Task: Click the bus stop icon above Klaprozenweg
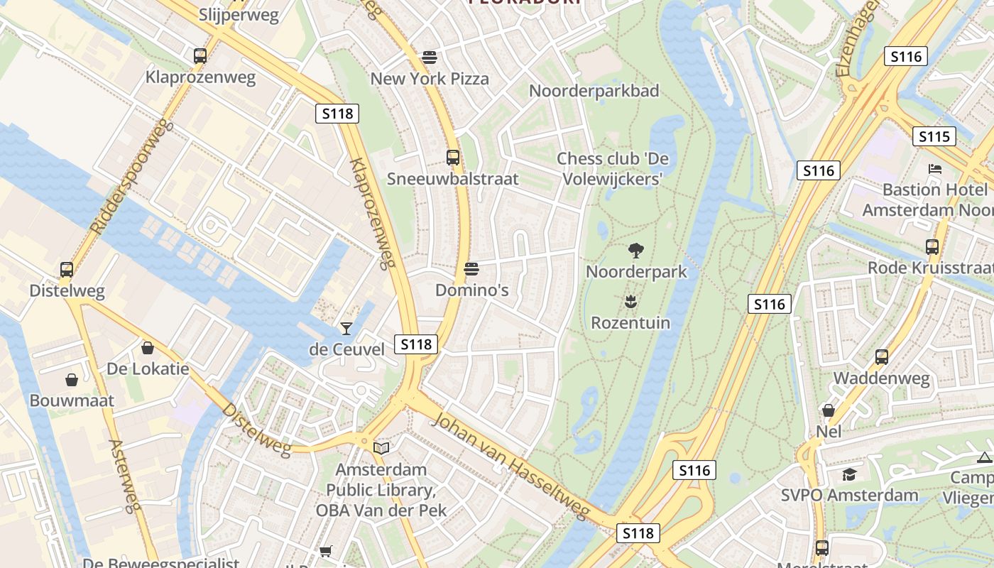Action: tap(200, 55)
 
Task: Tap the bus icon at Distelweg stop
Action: tap(67, 270)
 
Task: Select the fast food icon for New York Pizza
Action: tap(429, 57)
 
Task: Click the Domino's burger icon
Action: tap(471, 269)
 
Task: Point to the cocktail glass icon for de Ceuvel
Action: tap(346, 328)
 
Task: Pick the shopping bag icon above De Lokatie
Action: tap(148, 348)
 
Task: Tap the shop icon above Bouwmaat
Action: tap(72, 380)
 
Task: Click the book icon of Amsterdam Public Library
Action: tap(381, 448)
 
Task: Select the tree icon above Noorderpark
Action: tap(636, 250)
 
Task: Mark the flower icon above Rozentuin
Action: tap(630, 302)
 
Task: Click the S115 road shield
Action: tap(934, 136)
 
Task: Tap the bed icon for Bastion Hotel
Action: tap(935, 169)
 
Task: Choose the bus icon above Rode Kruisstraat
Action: tap(932, 247)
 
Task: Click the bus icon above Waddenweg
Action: tap(882, 357)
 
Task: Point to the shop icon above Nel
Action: tap(829, 410)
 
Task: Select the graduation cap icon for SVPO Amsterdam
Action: tap(849, 474)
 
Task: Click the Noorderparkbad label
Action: tap(594, 91)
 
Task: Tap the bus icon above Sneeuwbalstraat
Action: tap(452, 158)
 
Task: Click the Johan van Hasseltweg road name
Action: tap(511, 465)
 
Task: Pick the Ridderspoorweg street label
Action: tap(132, 178)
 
